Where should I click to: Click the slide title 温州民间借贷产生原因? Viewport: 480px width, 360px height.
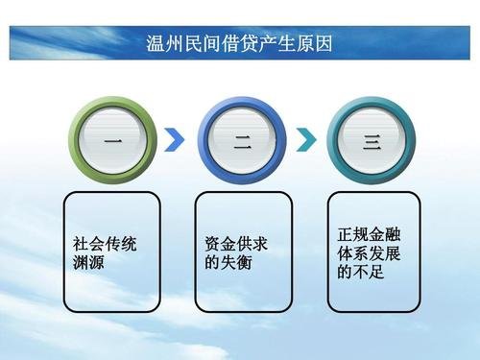[240, 43]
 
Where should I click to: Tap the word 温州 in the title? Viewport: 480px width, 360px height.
[163, 43]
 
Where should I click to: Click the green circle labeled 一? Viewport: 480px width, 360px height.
[113, 140]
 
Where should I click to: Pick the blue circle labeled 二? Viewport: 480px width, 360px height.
[242, 140]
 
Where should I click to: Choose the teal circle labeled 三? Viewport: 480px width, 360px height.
[372, 140]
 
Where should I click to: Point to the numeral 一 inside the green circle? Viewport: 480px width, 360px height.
[113, 142]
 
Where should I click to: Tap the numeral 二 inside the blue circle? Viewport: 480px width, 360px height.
[242, 142]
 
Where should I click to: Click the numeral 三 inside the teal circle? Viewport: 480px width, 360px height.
[372, 142]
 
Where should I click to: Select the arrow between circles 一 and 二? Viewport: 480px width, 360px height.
[175, 140]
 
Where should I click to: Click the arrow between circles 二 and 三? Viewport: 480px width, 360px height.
[306, 140]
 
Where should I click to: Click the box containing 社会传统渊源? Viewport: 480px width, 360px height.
[111, 252]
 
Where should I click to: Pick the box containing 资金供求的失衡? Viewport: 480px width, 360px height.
[243, 252]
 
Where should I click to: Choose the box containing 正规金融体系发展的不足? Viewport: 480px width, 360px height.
[373, 252]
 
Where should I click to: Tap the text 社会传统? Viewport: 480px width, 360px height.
[105, 244]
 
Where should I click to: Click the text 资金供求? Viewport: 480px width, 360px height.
[236, 244]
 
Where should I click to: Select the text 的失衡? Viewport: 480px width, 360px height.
[228, 262]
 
